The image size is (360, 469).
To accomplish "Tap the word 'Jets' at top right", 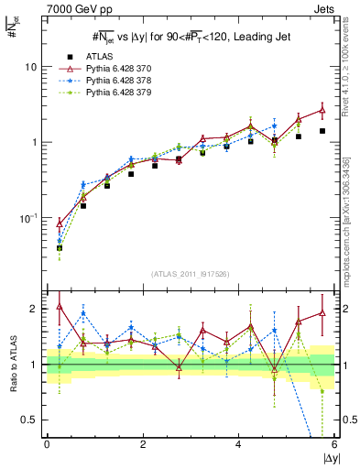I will click(323, 7).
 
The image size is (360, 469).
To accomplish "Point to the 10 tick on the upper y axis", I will click(31, 67).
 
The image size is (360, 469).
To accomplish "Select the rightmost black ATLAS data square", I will click(322, 131).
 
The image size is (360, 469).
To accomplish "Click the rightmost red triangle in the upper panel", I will click(322, 110).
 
